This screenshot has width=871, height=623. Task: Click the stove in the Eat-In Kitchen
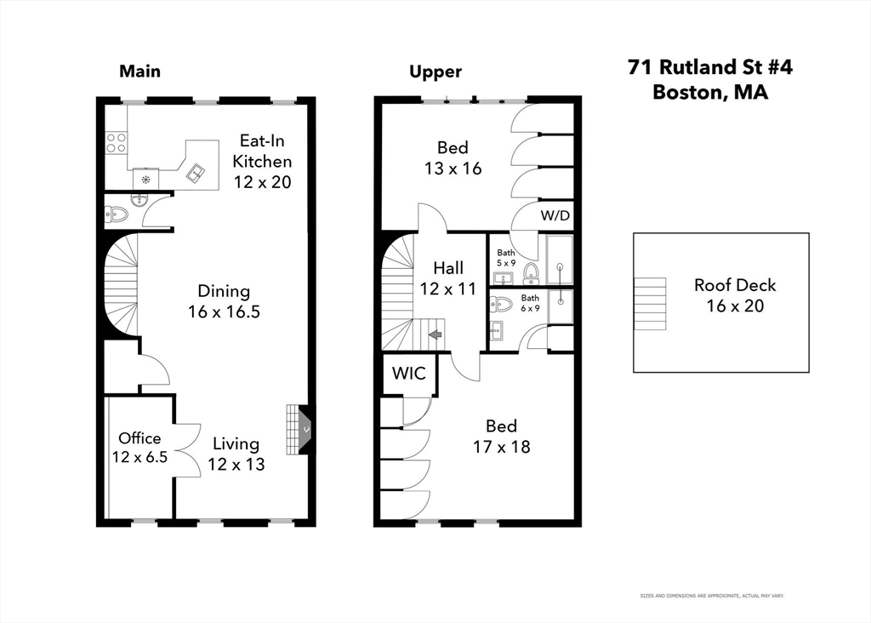[x=116, y=142]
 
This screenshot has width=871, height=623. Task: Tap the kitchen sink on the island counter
[x=196, y=173]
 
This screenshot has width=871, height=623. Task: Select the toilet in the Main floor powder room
[x=117, y=214]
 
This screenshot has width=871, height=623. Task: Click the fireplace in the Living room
[x=299, y=430]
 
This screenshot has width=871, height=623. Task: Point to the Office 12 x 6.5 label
[x=139, y=448]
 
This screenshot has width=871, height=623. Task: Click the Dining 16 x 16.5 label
[x=224, y=301]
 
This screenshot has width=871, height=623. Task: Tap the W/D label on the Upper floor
[x=555, y=215]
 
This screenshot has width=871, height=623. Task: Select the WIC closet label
[x=409, y=374]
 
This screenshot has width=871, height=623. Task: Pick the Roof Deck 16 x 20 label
[x=734, y=295]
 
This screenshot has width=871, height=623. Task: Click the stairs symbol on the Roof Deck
[x=651, y=302]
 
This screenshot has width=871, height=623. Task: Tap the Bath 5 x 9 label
[x=506, y=257]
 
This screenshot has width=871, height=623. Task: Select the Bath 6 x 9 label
[x=530, y=302]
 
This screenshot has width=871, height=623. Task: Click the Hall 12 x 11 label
[x=447, y=278]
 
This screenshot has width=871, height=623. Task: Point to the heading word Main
[x=139, y=71]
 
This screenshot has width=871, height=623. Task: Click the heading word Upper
[x=435, y=71]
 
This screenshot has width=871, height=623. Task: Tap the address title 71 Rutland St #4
[x=709, y=67]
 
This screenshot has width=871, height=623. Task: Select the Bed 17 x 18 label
[x=502, y=436]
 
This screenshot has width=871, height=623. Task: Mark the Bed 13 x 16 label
[x=453, y=158]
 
